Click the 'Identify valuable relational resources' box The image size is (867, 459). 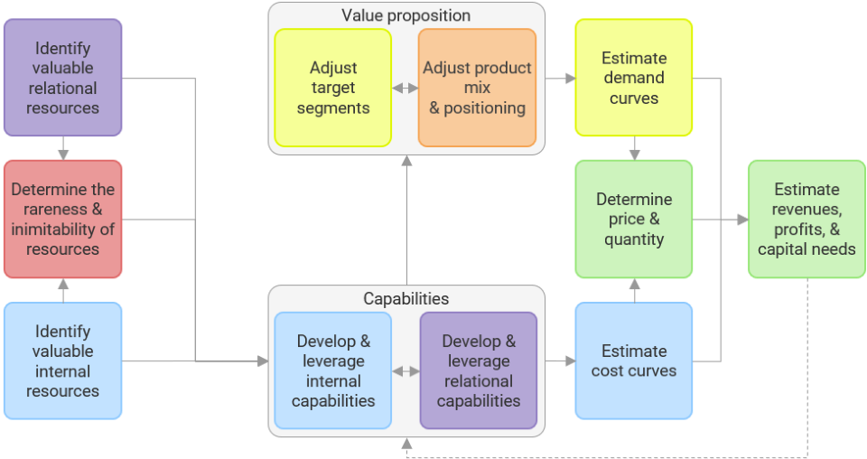[x=62, y=78]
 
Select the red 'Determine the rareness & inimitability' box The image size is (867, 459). [x=62, y=219]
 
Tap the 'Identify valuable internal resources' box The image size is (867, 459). [x=62, y=361]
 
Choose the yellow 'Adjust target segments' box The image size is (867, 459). [x=332, y=88]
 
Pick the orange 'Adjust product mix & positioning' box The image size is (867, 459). [x=477, y=88]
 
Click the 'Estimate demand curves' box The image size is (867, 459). [x=633, y=78]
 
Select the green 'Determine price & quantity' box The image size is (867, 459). [x=633, y=219]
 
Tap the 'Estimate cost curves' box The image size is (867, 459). [x=633, y=361]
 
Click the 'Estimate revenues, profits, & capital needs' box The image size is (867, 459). [x=806, y=219]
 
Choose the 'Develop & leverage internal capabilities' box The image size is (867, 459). [x=332, y=370]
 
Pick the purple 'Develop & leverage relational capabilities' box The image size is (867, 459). [x=478, y=370]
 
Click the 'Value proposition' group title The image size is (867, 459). [x=406, y=15]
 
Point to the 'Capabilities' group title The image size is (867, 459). [x=406, y=299]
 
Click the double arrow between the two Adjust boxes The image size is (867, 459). [x=405, y=89]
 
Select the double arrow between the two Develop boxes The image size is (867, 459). [x=406, y=371]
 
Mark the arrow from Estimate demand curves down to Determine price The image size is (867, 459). [x=634, y=148]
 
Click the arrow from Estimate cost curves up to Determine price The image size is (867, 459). [x=634, y=290]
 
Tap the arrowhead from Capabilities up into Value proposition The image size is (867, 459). [x=406, y=161]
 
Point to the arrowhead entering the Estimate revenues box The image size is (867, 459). [x=741, y=220]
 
